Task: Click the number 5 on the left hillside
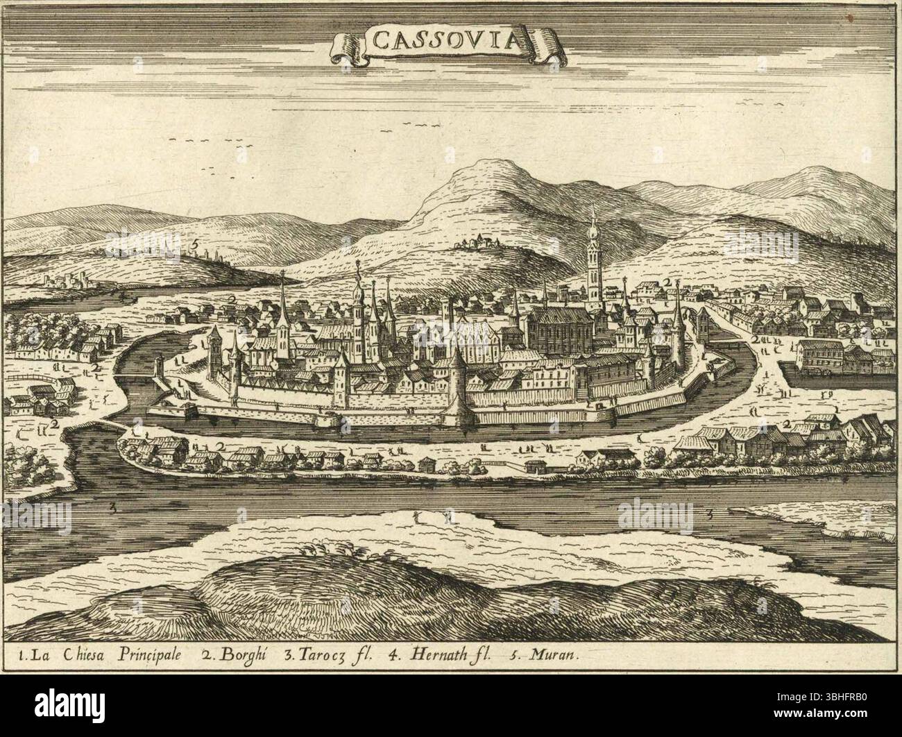tap(196, 244)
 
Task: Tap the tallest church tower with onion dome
tap(594, 257)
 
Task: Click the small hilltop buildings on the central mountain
tap(479, 242)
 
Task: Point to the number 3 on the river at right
tap(710, 514)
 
